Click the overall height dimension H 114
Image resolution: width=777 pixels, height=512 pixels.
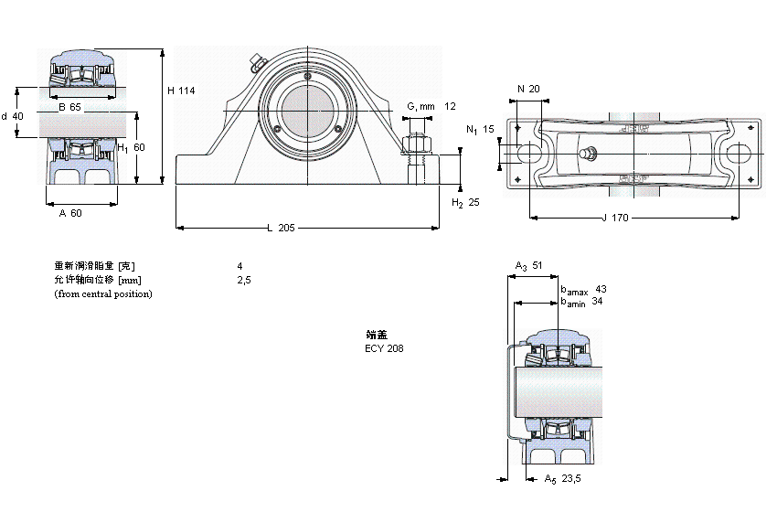[182, 90]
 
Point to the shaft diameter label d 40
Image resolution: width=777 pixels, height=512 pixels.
[13, 116]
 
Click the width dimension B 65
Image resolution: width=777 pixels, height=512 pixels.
[69, 108]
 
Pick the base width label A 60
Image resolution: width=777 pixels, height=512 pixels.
[70, 213]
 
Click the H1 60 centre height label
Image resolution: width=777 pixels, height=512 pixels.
[132, 147]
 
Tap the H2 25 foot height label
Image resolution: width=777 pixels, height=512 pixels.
[465, 202]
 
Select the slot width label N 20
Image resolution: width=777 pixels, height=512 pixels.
[528, 89]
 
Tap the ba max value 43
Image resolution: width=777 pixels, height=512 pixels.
[601, 289]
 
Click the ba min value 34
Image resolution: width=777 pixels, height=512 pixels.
[597, 301]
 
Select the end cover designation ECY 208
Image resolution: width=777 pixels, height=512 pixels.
[384, 348]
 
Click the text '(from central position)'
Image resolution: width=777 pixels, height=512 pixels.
[103, 293]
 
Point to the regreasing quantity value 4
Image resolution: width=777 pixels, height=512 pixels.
[239, 266]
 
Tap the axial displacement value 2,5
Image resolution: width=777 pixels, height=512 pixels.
[243, 280]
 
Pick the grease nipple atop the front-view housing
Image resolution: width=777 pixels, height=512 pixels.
[256, 62]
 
